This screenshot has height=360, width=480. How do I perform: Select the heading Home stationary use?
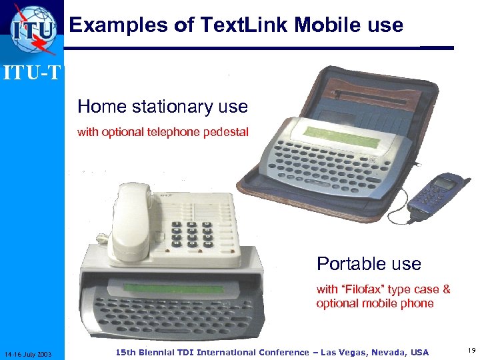pos(162,107)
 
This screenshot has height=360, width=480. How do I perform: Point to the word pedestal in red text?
pos(227,132)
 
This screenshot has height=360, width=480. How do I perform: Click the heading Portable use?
pos(369,264)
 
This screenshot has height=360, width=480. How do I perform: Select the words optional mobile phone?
pos(375,304)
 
